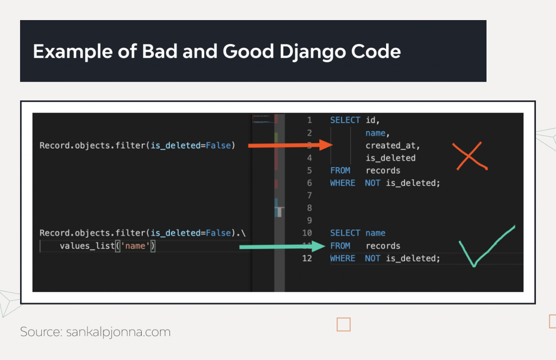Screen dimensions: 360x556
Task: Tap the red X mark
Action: click(x=469, y=156)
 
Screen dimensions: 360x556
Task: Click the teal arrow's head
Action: click(x=319, y=247)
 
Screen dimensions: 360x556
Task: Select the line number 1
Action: click(x=309, y=121)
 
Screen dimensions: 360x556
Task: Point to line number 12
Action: click(x=307, y=258)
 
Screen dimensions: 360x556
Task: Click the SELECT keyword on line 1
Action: click(x=345, y=121)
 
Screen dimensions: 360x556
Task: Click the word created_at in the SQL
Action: click(x=393, y=146)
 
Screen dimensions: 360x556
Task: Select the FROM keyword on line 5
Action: click(x=340, y=170)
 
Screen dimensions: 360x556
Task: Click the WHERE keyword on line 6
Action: click(x=342, y=183)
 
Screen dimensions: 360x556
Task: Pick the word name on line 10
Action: click(x=375, y=233)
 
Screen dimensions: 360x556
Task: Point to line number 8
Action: click(x=309, y=208)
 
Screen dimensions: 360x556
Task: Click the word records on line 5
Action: click(x=383, y=170)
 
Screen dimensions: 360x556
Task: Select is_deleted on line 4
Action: click(x=390, y=158)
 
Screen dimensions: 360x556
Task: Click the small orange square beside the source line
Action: click(x=343, y=325)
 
